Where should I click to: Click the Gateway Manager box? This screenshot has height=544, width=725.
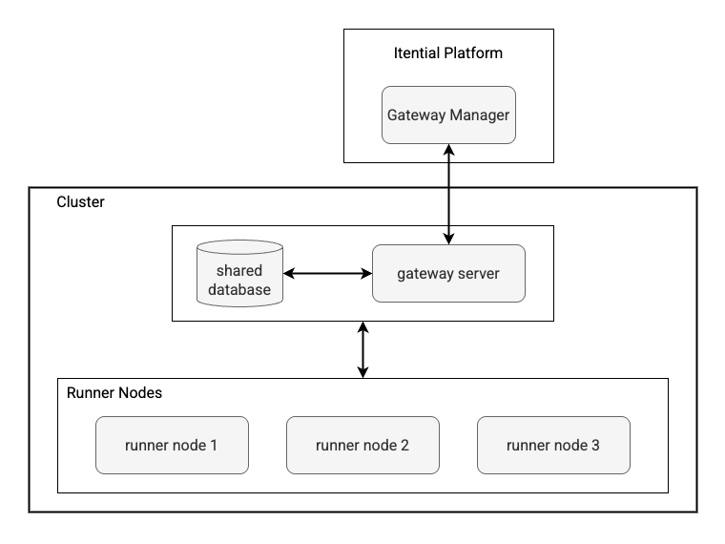(x=448, y=115)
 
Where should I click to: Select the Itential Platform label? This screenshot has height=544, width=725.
(x=447, y=53)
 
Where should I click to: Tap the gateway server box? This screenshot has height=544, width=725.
(x=448, y=274)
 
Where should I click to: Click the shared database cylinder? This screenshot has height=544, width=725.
(x=238, y=275)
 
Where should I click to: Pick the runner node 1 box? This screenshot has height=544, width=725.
(x=172, y=445)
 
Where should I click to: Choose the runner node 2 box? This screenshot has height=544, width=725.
(x=362, y=445)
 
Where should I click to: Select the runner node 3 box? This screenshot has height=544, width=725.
(x=553, y=445)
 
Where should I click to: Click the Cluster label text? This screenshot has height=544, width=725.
(x=81, y=202)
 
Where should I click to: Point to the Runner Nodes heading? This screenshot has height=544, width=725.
(x=114, y=393)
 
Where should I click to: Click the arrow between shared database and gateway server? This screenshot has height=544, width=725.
(x=327, y=274)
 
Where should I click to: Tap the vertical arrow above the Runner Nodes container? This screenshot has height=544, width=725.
(x=362, y=349)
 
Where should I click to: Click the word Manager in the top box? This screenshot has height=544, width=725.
(x=479, y=115)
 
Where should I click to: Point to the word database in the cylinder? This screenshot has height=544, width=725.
(x=238, y=289)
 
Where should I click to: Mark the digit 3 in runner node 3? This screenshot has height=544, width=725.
(x=595, y=445)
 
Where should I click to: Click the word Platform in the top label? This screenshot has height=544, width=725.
(x=474, y=53)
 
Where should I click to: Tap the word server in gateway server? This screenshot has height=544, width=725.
(x=477, y=274)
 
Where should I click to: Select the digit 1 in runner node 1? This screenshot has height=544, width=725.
(x=215, y=445)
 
